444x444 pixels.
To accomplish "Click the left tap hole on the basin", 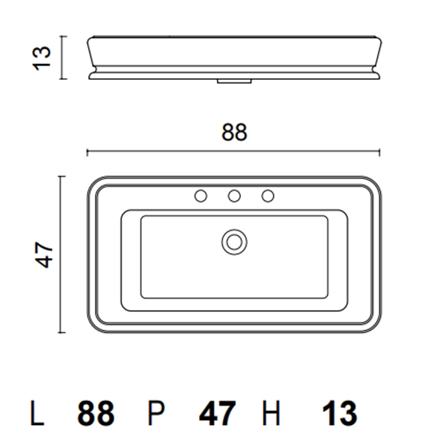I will point(201,197).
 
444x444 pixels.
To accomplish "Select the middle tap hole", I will point(234,197).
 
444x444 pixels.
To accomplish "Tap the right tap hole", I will point(268,197).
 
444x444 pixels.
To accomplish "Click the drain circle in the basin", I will point(234,241).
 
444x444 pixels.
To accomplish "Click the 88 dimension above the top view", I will point(234,133).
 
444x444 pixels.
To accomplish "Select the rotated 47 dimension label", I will point(42,254).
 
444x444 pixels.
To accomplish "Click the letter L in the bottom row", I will point(38,414).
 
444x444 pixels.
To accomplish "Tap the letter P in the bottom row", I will point(156,414).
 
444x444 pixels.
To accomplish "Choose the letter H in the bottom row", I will point(271,414).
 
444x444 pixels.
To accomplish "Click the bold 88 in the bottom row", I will point(96,414).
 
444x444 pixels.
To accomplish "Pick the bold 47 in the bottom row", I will point(218,414).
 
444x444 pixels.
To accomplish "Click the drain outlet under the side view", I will point(234,81).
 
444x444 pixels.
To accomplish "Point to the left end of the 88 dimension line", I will point(88,152).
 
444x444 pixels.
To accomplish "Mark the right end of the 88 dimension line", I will point(379,152).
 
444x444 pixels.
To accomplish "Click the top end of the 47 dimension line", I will point(60,176).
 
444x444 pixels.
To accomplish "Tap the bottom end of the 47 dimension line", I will point(60,332).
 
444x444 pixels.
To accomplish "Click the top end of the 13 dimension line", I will point(62,37).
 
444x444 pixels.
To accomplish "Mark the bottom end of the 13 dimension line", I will point(62,80).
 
